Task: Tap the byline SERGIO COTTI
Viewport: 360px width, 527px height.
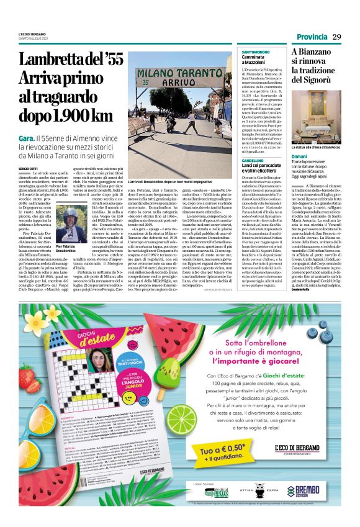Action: tap(28, 150)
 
